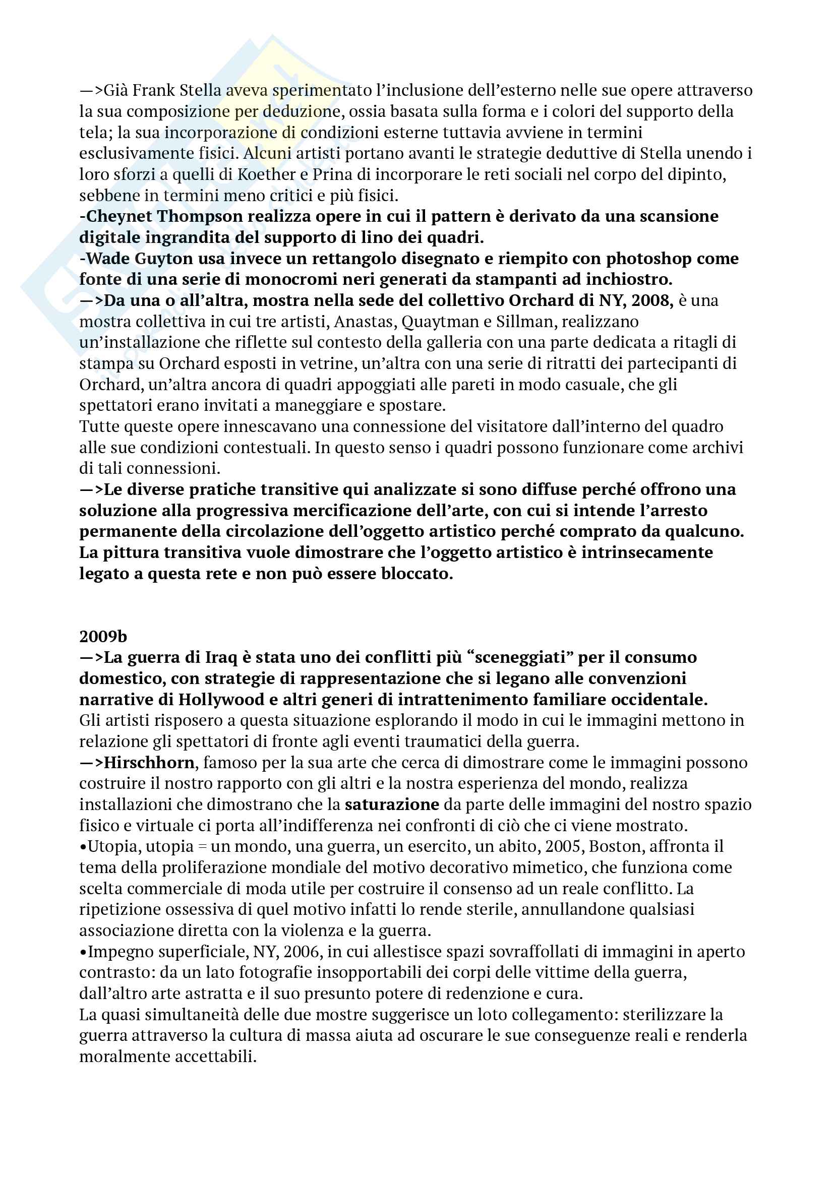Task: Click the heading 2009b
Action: coord(103,637)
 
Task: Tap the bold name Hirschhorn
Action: coord(149,763)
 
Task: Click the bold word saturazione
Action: coord(392,804)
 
